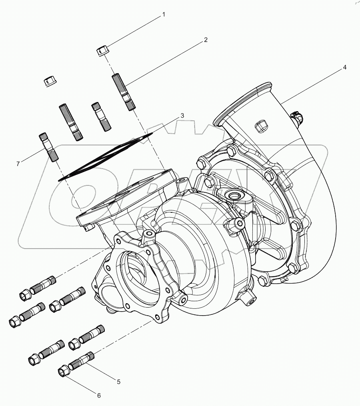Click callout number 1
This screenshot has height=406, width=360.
(163, 15)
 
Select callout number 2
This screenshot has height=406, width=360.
(206, 40)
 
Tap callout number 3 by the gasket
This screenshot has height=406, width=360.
(182, 116)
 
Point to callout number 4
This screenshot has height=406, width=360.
(344, 68)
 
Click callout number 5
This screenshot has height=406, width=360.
(118, 382)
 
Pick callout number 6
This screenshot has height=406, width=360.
(99, 396)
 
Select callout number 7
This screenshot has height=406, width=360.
(18, 164)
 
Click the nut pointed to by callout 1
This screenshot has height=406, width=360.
(102, 51)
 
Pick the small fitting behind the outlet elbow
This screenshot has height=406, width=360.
(297, 117)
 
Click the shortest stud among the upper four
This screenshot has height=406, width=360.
(100, 116)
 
